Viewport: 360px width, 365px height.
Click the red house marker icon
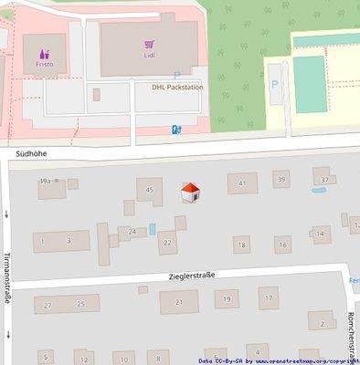tap(189, 193)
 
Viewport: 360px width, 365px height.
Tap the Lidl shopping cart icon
tap(149, 44)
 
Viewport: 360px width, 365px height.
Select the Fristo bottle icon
tap(45, 53)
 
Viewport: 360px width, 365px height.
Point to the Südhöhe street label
tap(31, 156)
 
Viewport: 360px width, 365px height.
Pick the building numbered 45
tap(148, 190)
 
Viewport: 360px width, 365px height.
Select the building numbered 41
tap(242, 183)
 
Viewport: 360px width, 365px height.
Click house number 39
tap(281, 181)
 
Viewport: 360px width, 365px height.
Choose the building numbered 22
tap(165, 243)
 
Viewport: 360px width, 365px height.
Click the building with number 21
tap(179, 302)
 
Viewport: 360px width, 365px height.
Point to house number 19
tap(226, 298)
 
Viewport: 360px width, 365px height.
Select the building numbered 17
tap(268, 297)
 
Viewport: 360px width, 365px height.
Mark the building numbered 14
tap(320, 234)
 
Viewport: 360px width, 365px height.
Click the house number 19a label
tap(46, 183)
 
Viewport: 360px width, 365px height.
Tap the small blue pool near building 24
tap(152, 228)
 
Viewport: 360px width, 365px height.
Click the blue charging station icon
tap(175, 130)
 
